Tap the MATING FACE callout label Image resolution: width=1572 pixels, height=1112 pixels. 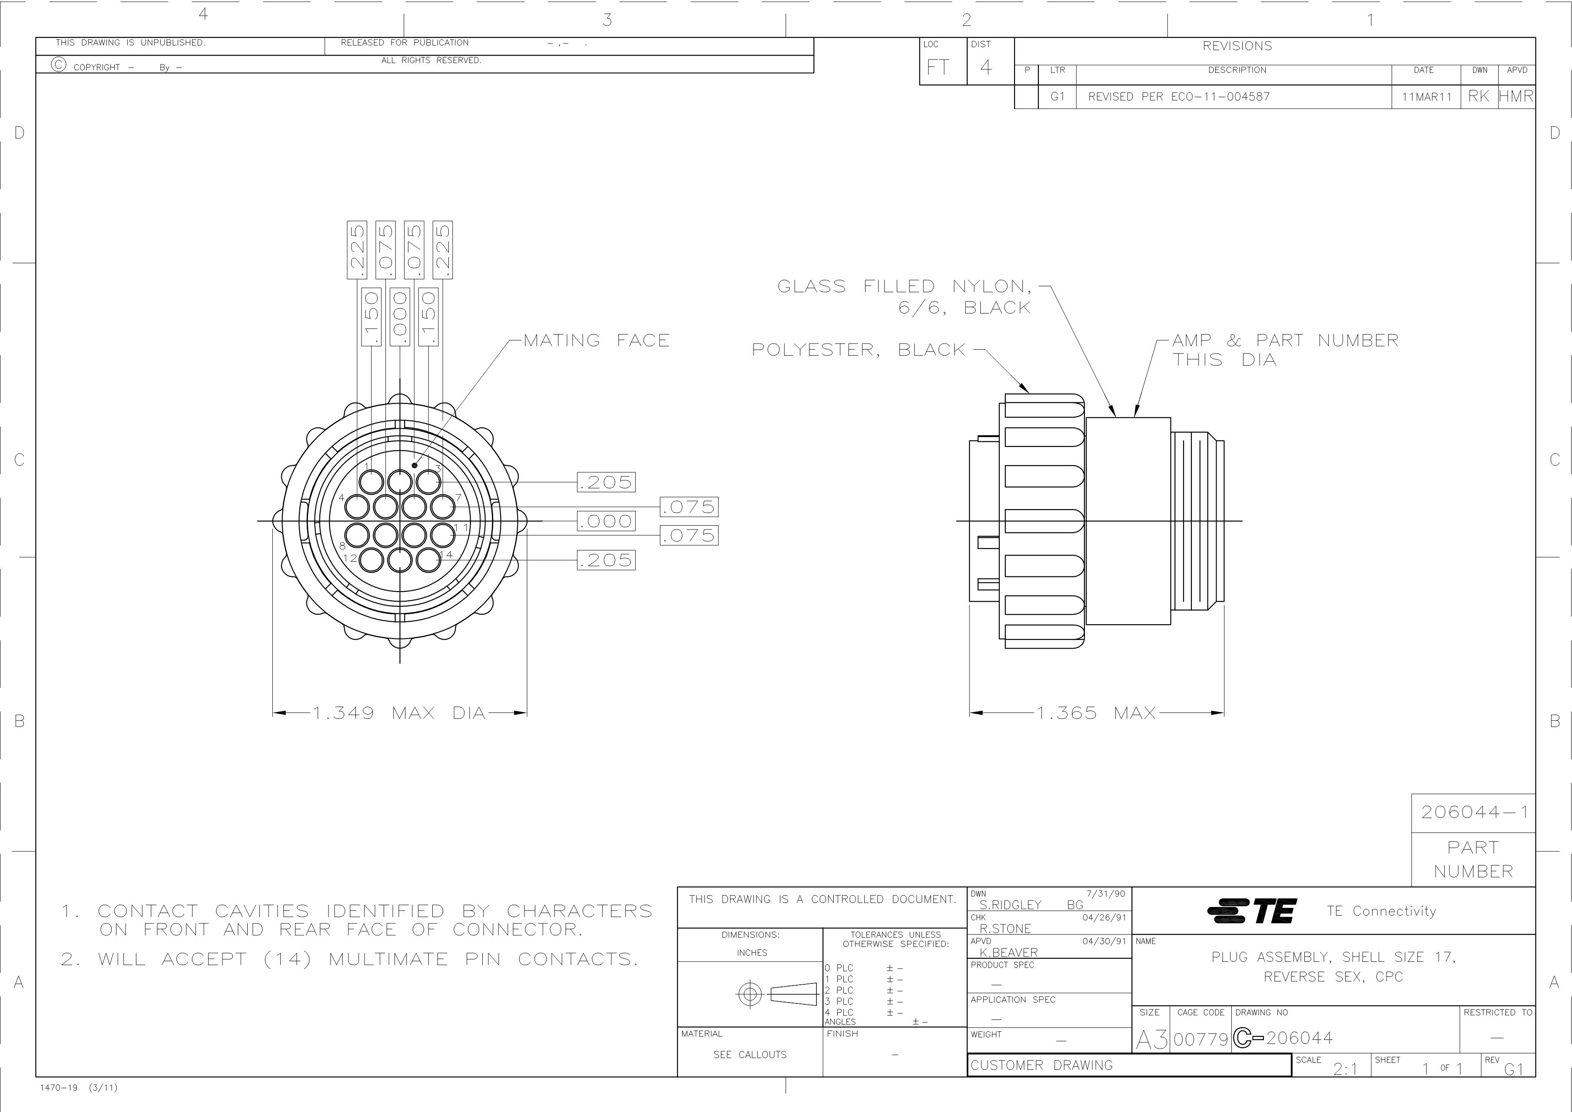[597, 340]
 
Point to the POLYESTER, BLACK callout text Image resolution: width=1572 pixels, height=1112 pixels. [858, 350]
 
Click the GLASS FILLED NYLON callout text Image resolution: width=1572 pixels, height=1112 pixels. [904, 297]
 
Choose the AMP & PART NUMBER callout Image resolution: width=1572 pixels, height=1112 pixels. [1285, 350]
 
